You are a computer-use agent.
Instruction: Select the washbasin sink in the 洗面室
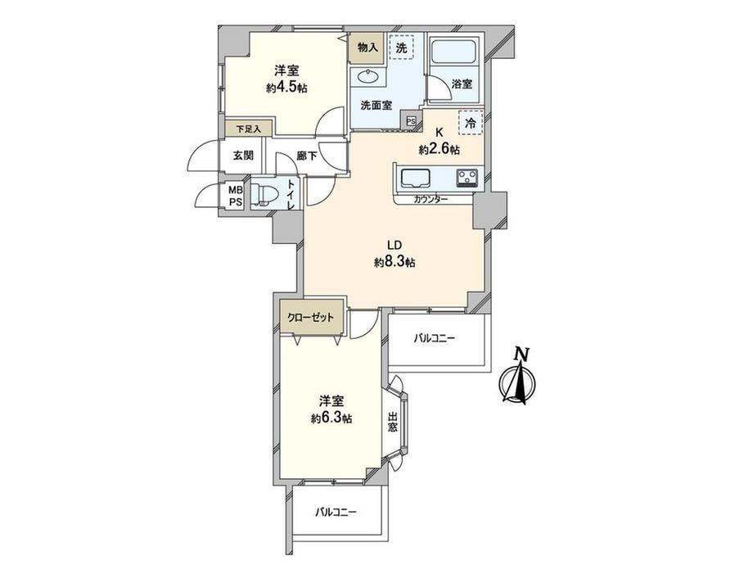point(367,76)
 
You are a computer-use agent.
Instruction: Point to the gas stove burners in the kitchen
point(467,178)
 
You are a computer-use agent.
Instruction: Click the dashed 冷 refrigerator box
point(471,123)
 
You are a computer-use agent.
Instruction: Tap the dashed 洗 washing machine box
point(401,47)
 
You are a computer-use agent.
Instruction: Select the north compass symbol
point(517,376)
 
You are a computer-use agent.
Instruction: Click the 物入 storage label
point(367,47)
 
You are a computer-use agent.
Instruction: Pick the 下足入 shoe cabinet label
point(248,129)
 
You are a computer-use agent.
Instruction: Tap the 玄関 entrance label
point(243,156)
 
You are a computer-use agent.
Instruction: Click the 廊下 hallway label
point(307,156)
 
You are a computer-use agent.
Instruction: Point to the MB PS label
point(236,197)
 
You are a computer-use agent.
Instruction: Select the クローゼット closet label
point(310,318)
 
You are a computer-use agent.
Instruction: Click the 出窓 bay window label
point(392,422)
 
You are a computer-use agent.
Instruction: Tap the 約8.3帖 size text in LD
point(395,262)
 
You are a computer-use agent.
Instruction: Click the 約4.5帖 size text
point(287,88)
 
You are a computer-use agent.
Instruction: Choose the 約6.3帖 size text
point(331,418)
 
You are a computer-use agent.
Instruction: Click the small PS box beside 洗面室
point(412,121)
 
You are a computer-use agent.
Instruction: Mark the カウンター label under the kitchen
point(431,199)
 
